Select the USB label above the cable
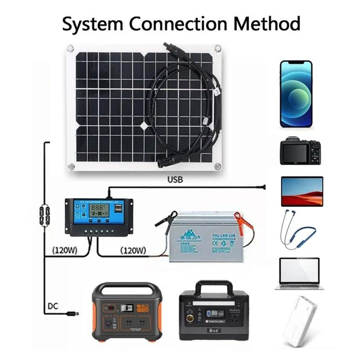point(175,180)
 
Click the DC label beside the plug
point(53,307)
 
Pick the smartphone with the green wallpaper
point(296,94)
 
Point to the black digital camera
point(300,151)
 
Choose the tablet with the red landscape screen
point(302,191)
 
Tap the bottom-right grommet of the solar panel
point(218,166)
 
